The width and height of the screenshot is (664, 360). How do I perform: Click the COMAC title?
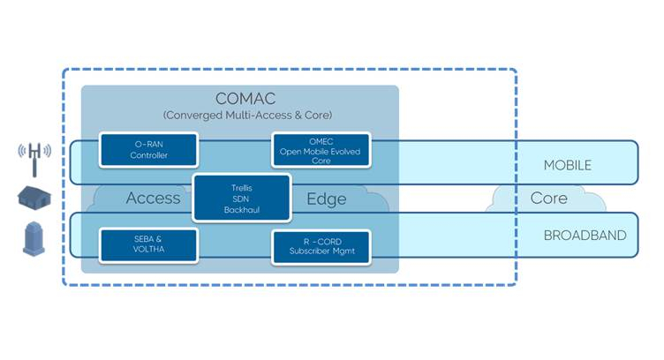[x=240, y=99]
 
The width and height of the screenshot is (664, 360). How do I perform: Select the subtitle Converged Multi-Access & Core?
[x=240, y=116]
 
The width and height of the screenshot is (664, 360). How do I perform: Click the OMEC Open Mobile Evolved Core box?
[x=321, y=150]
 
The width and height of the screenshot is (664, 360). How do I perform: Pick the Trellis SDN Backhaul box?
[x=241, y=199]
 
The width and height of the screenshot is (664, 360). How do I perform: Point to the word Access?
[x=153, y=199]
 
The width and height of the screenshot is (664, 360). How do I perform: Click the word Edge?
[x=326, y=199]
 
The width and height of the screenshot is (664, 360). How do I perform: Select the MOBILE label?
[x=568, y=165]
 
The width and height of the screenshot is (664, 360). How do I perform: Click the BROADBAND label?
[x=585, y=236]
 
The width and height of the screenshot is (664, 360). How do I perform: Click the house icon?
[x=34, y=198]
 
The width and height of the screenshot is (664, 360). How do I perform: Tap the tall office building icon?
[x=34, y=238]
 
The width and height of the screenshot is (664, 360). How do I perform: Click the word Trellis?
[x=241, y=187]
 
